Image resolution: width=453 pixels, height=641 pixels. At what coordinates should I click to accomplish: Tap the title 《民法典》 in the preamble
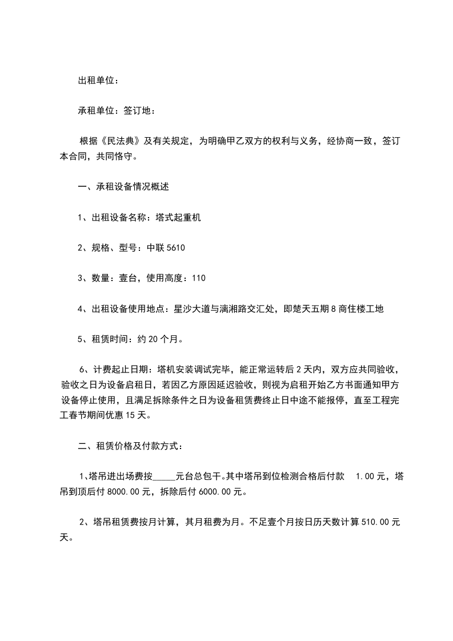click(116, 141)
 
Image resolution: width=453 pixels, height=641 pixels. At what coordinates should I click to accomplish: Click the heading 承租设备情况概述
click(133, 187)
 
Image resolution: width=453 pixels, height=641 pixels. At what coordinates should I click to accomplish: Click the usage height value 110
click(198, 278)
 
